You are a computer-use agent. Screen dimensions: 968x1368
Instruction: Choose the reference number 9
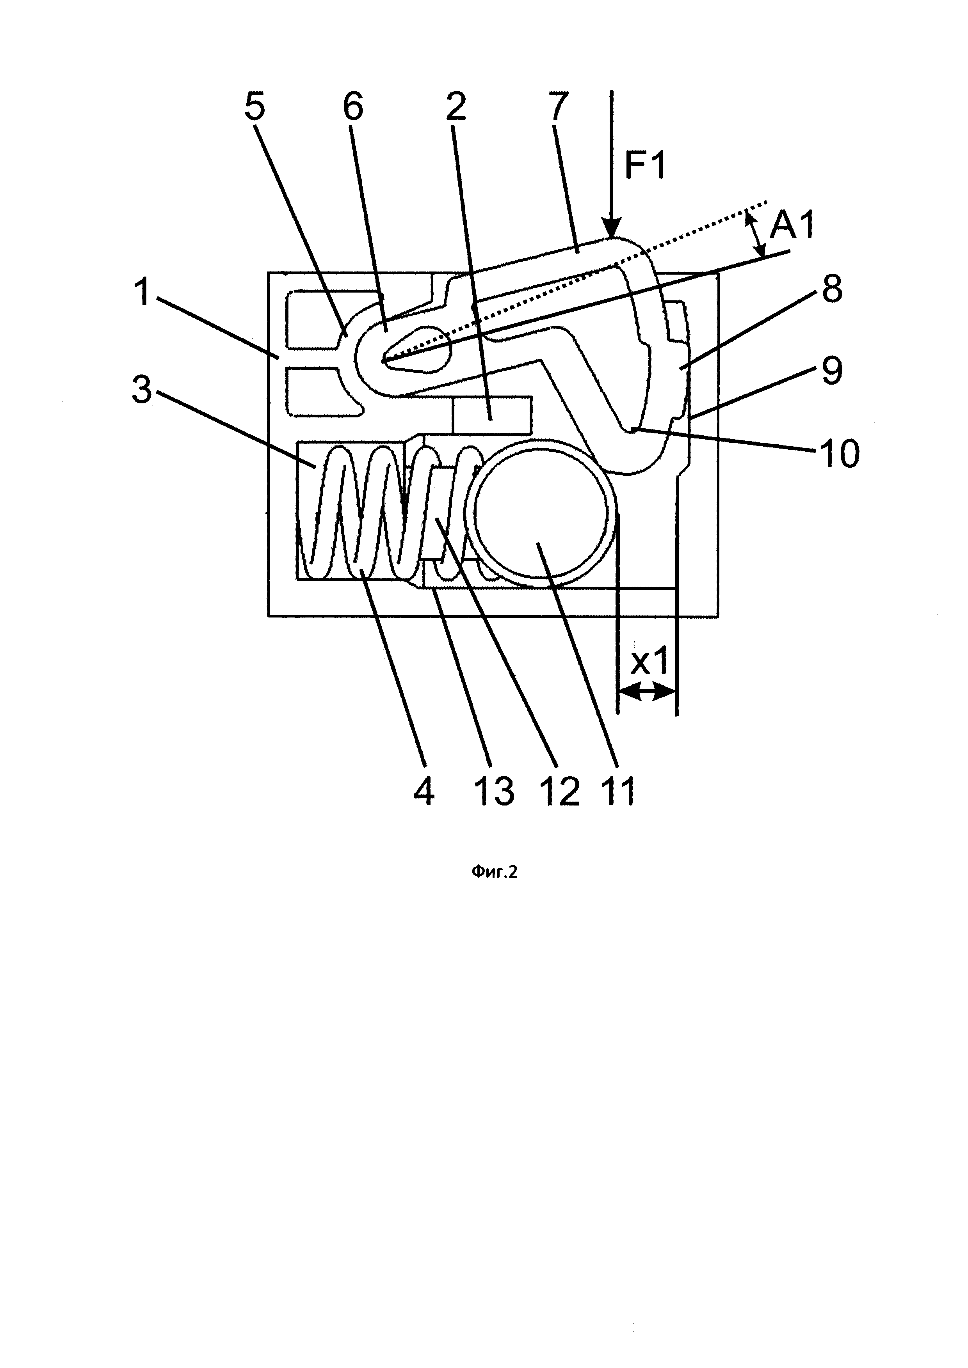(831, 371)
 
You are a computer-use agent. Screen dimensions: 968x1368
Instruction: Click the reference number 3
(142, 392)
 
